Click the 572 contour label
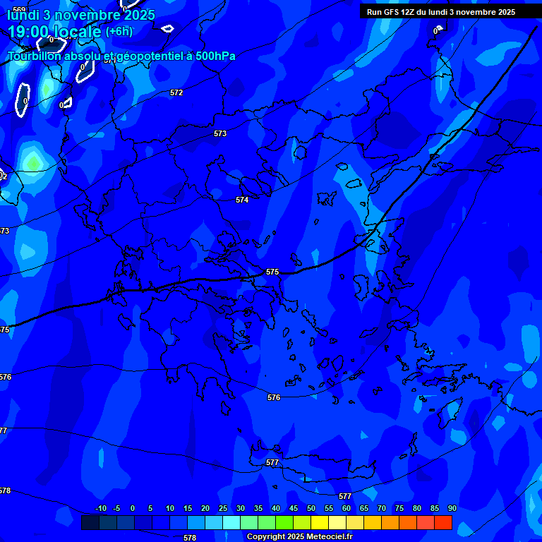(176, 92)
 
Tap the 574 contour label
(242, 200)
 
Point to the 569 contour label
(18, 9)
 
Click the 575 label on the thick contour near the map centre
(272, 272)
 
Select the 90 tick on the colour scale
(452, 508)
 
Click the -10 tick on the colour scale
(100, 508)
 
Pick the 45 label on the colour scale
(294, 508)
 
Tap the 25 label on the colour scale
(223, 508)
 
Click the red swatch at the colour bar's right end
(443, 522)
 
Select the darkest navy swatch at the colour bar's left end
(90, 522)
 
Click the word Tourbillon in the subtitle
(35, 56)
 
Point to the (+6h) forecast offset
(119, 31)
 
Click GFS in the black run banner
(392, 12)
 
